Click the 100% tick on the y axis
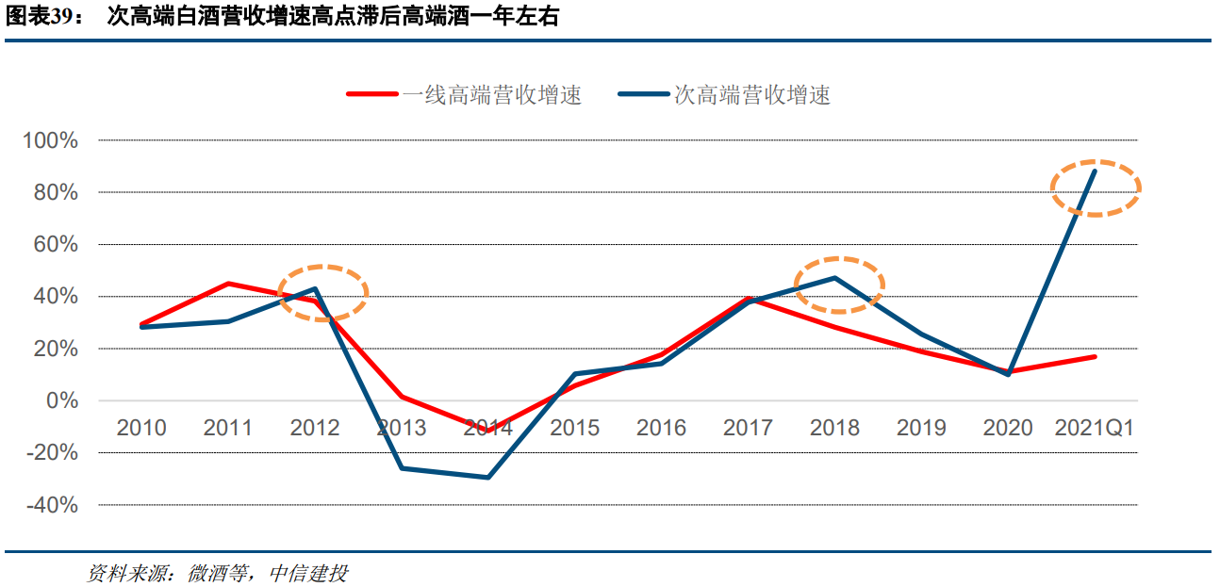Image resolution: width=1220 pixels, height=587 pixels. tap(51, 140)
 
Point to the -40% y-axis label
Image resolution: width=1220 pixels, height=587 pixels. tap(51, 505)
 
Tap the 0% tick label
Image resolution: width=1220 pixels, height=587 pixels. tap(62, 401)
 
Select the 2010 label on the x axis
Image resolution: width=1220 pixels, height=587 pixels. tap(141, 428)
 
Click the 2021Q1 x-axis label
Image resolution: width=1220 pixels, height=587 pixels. tap(1094, 428)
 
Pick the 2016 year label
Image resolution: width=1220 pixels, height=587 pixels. tap(661, 428)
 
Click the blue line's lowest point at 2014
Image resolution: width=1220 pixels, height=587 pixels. tap(487, 478)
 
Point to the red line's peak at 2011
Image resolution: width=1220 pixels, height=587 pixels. tap(228, 284)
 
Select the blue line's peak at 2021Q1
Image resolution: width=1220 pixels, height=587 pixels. tap(1095, 171)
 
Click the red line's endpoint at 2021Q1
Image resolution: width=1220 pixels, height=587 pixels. tap(1095, 357)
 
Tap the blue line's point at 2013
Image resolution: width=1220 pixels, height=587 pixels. tap(402, 468)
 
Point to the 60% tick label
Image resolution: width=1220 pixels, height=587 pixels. tap(56, 245)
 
